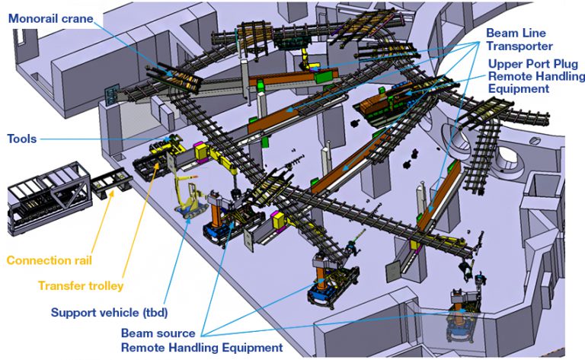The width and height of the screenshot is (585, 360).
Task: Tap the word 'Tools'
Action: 21,139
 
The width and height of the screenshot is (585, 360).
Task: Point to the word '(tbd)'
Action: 154,312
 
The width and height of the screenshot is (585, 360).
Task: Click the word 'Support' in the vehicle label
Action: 74,312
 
